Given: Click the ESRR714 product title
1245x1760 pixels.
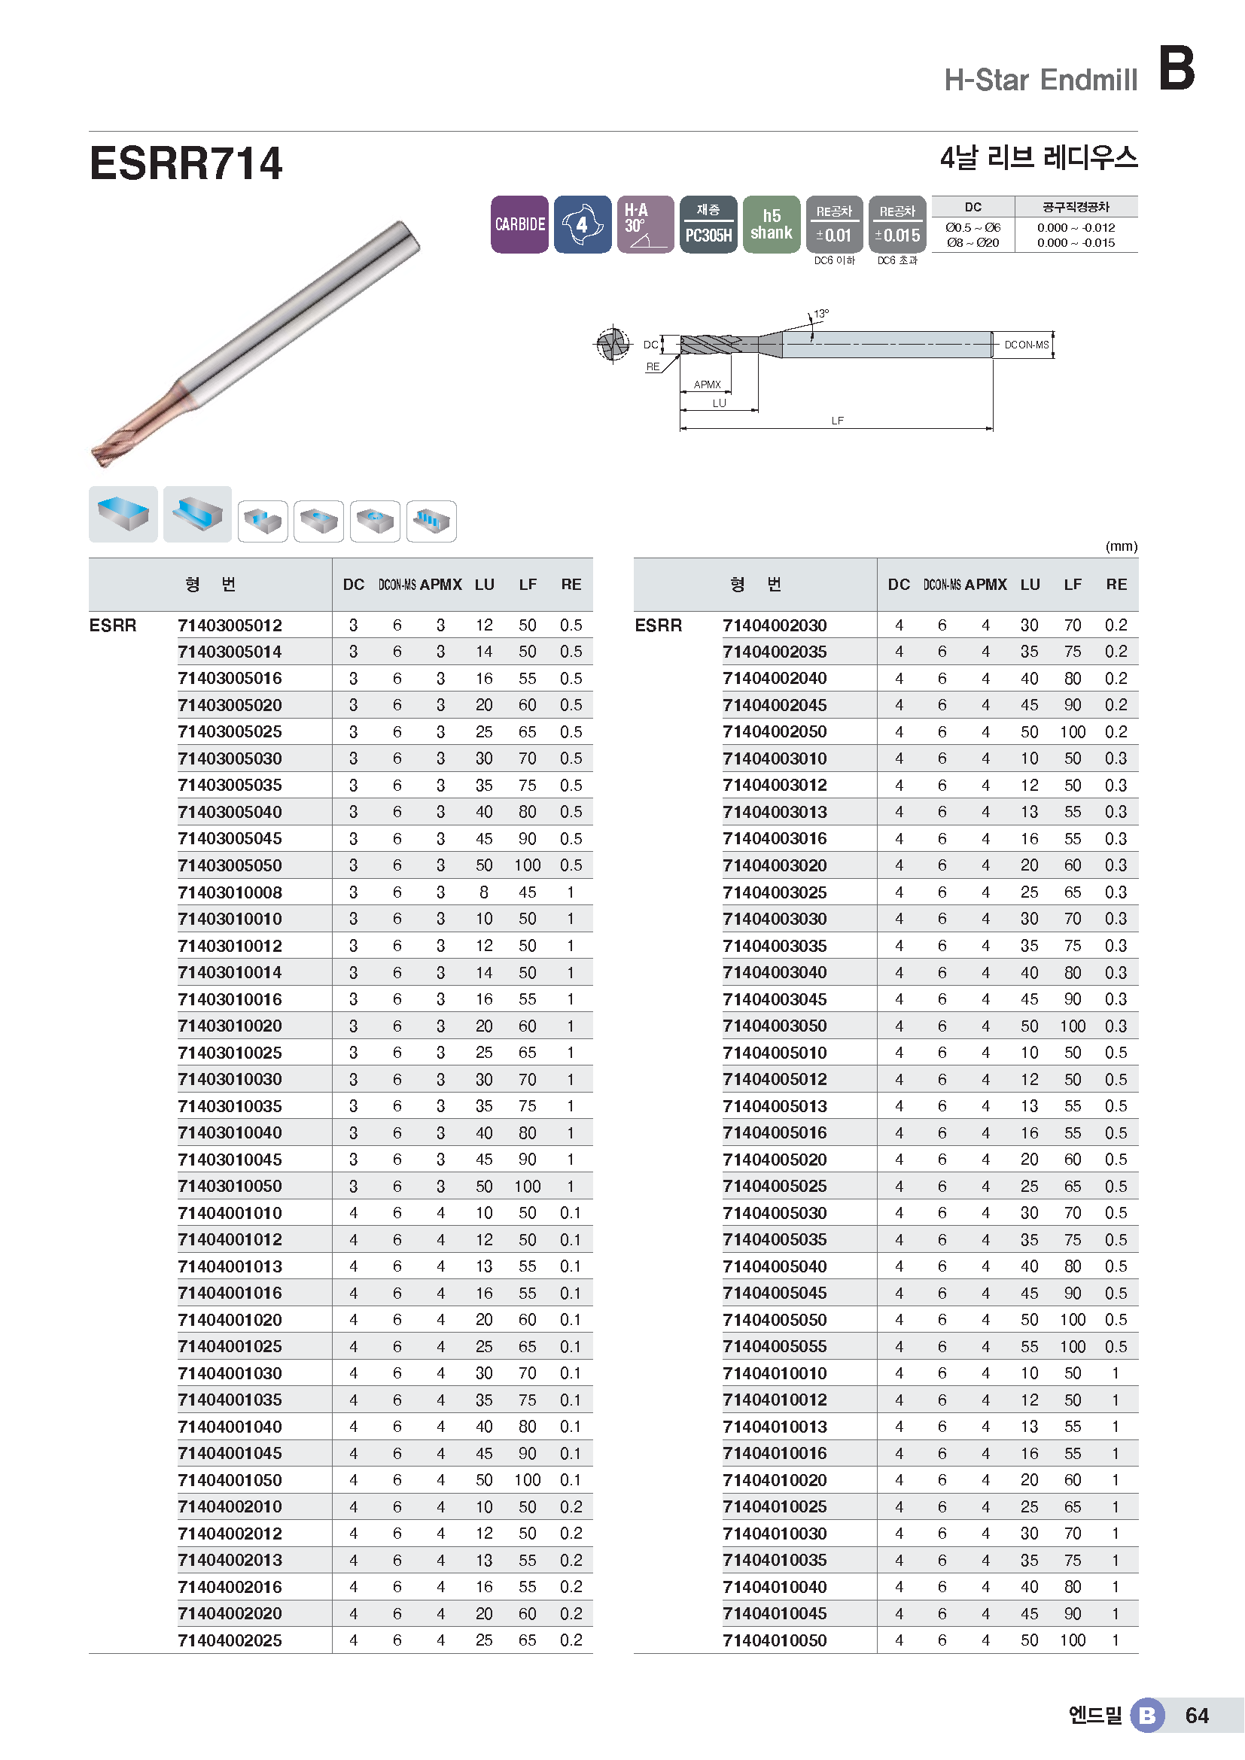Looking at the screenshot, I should [x=185, y=164].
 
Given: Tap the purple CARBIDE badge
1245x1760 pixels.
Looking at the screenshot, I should [x=519, y=224].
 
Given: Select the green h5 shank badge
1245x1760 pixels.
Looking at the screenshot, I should [x=772, y=224].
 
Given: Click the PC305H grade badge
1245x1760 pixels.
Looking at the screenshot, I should [x=708, y=224].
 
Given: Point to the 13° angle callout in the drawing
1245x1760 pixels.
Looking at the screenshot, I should [x=821, y=314].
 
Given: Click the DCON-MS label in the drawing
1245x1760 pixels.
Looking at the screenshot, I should [x=1026, y=345].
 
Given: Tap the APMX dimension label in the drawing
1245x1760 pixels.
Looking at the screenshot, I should [x=707, y=384].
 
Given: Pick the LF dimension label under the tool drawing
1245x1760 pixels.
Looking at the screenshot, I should [x=837, y=421].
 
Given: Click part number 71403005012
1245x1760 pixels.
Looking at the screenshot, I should [x=230, y=625].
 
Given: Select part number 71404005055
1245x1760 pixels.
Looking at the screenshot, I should [x=775, y=1346].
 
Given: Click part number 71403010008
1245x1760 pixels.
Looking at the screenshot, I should [x=230, y=892].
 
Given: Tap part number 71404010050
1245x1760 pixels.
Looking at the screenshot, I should [x=775, y=1640].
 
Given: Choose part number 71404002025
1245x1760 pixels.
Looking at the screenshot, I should [x=230, y=1640].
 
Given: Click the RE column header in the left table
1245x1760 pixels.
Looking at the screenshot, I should [x=571, y=585].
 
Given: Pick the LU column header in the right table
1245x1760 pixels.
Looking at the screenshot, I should [x=1030, y=585].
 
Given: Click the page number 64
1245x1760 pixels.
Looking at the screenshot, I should [x=1197, y=1716].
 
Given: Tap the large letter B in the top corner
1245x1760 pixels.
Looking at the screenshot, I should [x=1177, y=68].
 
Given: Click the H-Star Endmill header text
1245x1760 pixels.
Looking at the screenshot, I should [x=1040, y=80].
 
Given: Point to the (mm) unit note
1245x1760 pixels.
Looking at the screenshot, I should [x=1121, y=546].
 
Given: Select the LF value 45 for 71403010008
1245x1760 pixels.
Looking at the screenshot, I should [x=528, y=892].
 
